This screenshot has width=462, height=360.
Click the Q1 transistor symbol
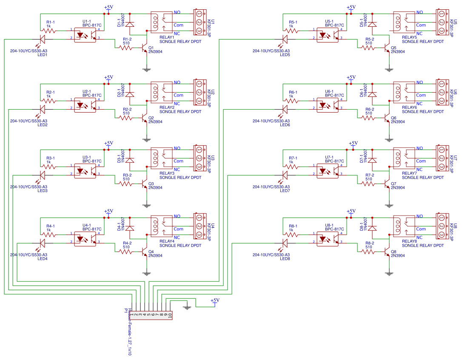(x=145, y=48)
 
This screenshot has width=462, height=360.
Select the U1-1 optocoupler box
(x=87, y=34)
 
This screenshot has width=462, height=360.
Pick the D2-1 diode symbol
(x=130, y=94)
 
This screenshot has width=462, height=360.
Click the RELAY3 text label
(x=167, y=173)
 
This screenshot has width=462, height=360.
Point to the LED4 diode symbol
(x=43, y=243)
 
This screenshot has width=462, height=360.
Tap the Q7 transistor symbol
(x=388, y=184)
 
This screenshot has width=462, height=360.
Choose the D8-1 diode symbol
(x=373, y=228)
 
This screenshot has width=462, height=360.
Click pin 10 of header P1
(x=169, y=315)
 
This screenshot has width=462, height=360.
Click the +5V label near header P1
(x=215, y=300)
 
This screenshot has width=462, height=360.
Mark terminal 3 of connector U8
(x=442, y=235)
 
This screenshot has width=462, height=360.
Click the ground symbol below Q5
(x=389, y=68)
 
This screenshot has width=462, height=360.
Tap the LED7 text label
(x=285, y=191)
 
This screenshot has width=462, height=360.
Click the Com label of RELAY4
(x=178, y=229)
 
